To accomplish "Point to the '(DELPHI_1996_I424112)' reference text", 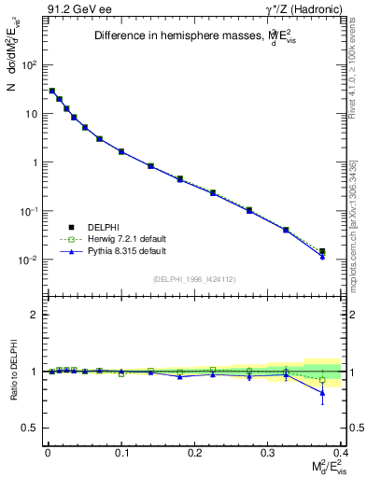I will point(192,278).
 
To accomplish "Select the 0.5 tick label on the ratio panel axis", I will point(31,428).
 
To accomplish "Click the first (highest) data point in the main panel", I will point(52,91).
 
